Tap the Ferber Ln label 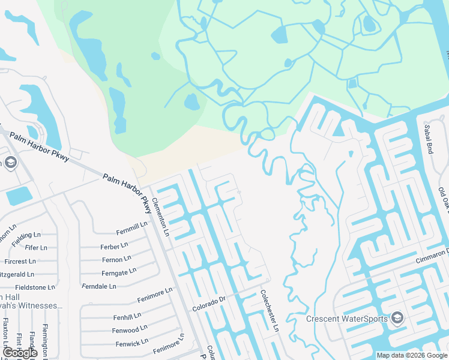(114, 246)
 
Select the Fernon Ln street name (116, 259)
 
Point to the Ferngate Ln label (119, 272)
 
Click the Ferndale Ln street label (99, 286)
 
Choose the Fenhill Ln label (126, 315)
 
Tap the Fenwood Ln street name (129, 329)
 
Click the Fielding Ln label (26, 235)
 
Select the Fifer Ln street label (36, 247)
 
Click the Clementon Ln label (161, 217)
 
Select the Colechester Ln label (270, 311)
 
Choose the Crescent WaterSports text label (347, 319)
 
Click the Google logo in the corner (20, 353)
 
